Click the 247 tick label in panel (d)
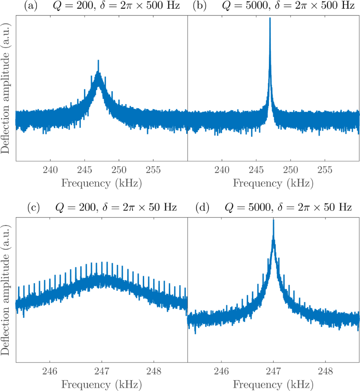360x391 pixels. point(273,372)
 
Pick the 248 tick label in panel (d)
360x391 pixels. point(325,372)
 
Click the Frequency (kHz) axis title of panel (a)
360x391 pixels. point(101,183)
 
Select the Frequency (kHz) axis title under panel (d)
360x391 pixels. point(273,385)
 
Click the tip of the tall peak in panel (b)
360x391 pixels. point(270,18)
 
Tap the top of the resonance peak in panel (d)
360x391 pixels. point(273,220)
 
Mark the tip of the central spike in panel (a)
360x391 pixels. point(98,60)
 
